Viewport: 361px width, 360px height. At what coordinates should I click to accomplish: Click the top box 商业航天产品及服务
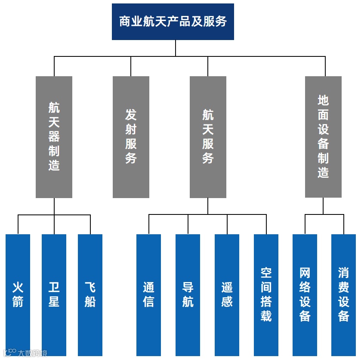173,22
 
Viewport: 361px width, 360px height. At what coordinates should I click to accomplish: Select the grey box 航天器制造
54,137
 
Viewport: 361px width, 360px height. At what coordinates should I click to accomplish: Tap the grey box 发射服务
131,137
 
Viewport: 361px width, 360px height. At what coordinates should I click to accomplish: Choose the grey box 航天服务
208,137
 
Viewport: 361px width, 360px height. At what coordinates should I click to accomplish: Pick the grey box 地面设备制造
323,137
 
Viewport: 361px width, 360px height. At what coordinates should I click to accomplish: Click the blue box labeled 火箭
18,295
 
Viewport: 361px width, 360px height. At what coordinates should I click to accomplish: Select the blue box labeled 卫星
54,295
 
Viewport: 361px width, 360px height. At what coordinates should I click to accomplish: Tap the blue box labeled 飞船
90,295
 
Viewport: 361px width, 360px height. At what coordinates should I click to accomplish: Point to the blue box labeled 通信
148,295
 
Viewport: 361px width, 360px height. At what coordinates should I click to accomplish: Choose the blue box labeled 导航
188,295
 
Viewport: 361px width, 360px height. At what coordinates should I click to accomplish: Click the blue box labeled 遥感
227,295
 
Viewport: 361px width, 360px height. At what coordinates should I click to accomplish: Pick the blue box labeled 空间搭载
266,295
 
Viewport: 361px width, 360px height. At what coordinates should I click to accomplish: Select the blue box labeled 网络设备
305,295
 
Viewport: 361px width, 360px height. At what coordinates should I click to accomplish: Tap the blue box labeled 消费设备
343,295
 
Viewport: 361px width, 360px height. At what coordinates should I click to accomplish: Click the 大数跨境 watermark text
32,353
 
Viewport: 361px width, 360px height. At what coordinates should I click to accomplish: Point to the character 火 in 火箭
18,287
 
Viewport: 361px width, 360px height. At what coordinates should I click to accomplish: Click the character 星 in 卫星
54,301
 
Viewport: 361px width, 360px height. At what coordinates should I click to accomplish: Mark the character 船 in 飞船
90,301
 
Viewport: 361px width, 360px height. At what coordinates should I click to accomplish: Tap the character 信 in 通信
148,301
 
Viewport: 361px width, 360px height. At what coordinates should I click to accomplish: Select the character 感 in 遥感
227,301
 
